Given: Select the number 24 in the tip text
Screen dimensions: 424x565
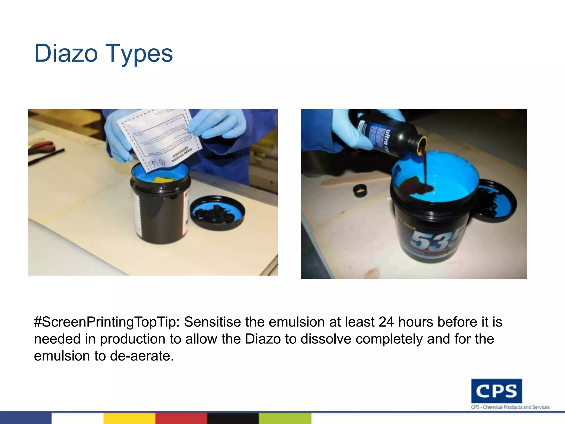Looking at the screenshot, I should coord(386,322).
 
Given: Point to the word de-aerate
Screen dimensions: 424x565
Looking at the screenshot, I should coord(142,356).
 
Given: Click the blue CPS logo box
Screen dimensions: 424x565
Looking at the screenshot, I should coord(496,391).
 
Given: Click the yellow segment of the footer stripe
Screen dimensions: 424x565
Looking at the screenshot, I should coord(129,418).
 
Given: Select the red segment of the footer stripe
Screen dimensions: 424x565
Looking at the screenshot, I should coord(181,418).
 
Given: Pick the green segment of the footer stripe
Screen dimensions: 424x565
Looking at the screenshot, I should coord(285,418).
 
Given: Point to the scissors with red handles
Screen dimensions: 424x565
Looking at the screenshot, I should coord(41,146).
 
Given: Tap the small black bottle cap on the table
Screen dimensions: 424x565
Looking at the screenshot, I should coord(360,190).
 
